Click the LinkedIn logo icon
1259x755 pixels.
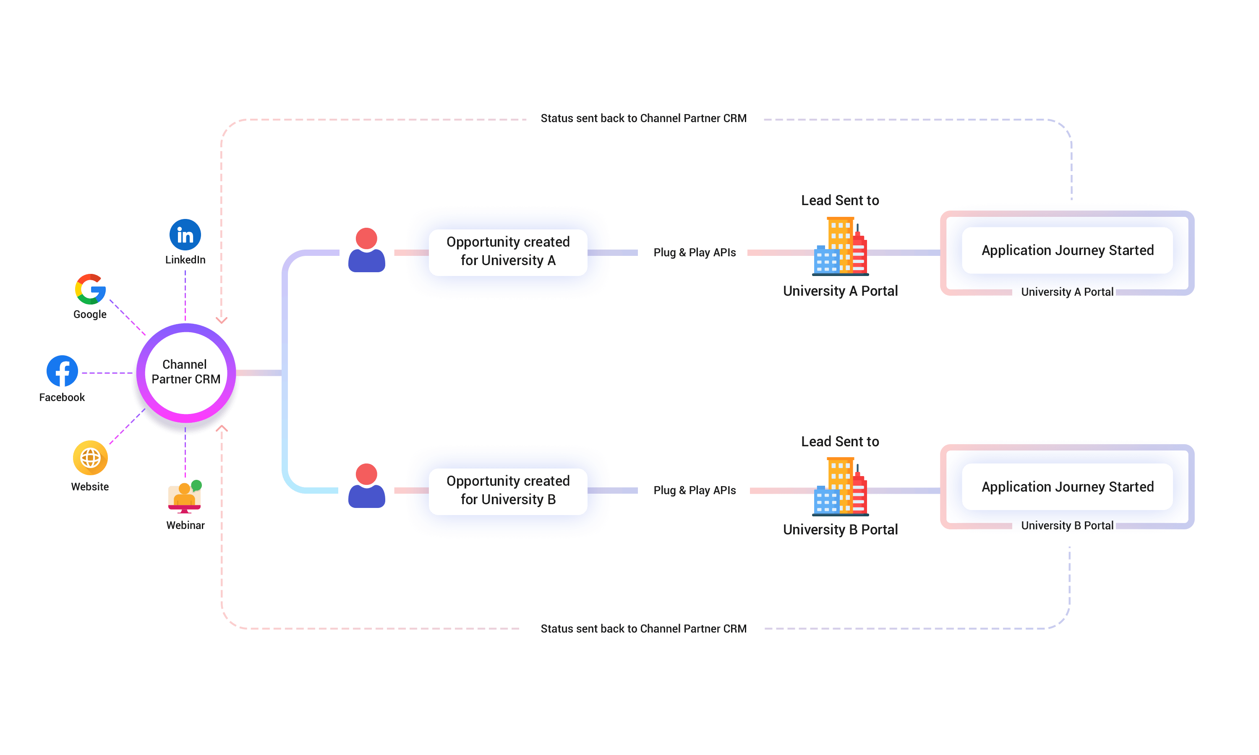[x=185, y=234]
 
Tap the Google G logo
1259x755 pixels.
[x=90, y=289]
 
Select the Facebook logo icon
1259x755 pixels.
[x=62, y=371]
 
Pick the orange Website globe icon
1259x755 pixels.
[x=90, y=458]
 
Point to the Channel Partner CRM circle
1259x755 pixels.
[x=186, y=372]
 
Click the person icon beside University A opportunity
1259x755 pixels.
[x=366, y=250]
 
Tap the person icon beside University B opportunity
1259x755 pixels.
[x=366, y=486]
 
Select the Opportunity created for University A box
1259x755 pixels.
[x=508, y=252]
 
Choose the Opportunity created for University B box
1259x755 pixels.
[x=508, y=491]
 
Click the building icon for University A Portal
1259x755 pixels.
[x=840, y=246]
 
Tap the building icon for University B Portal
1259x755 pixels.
[x=840, y=487]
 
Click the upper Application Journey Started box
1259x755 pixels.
[x=1067, y=250]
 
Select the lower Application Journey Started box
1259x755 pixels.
[x=1067, y=487]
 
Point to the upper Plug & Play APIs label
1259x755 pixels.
[x=694, y=253]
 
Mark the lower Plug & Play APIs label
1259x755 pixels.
[x=694, y=490]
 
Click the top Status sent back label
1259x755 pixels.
[x=643, y=119]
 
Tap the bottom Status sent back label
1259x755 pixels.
[x=643, y=629]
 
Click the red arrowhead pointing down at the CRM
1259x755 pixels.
[x=221, y=320]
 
